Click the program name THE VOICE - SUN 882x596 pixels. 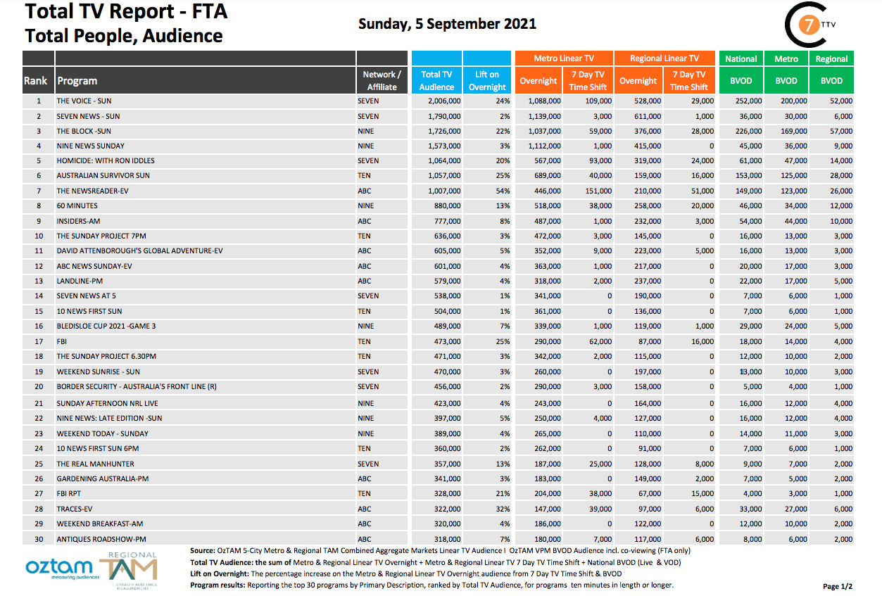(x=84, y=101)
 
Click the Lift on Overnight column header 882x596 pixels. (x=487, y=80)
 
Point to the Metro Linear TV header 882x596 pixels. (x=563, y=58)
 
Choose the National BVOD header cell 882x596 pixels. (x=741, y=59)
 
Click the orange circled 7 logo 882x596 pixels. (x=810, y=25)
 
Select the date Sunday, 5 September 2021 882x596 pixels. (x=447, y=24)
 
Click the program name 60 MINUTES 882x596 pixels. (x=77, y=205)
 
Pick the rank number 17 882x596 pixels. (x=39, y=341)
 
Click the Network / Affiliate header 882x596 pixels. (x=382, y=80)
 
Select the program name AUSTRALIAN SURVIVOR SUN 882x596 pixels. (x=103, y=175)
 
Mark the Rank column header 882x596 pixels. (x=36, y=80)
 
